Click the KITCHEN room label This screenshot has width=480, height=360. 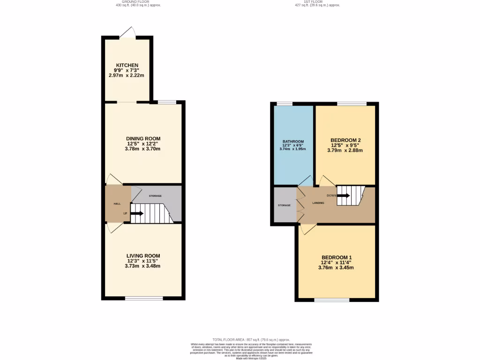(x=127, y=65)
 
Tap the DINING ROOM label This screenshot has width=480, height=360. (x=143, y=139)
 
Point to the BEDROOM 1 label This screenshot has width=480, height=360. (x=337, y=257)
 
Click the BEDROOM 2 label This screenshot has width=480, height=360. (x=345, y=140)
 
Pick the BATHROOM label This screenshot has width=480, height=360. (x=293, y=142)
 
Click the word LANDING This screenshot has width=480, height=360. (x=318, y=202)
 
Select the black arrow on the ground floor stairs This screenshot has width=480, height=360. (x=137, y=214)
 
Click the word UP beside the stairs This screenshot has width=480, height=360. (x=125, y=214)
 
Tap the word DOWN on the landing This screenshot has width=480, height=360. (x=331, y=195)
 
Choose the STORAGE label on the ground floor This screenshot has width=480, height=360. (x=155, y=195)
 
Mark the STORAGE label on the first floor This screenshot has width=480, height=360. (x=284, y=205)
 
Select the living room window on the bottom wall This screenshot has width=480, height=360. (x=143, y=298)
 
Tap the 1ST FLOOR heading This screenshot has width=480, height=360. (x=317, y=2)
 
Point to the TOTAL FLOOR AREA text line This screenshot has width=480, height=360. (x=251, y=339)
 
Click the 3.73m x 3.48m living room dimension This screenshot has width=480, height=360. (x=143, y=266)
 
